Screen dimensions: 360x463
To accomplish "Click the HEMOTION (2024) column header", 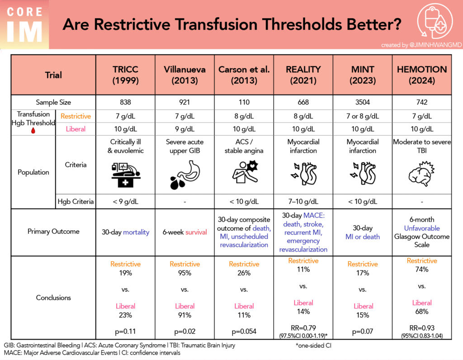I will (x=421, y=75).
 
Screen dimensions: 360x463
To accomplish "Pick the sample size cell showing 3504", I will (x=362, y=102).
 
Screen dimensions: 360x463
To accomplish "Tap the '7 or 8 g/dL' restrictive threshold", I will (x=362, y=116).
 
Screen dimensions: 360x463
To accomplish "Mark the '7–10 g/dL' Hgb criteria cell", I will (x=303, y=201).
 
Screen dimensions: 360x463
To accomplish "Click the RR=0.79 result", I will (x=303, y=328).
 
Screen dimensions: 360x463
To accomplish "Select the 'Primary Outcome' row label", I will (x=53, y=232).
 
